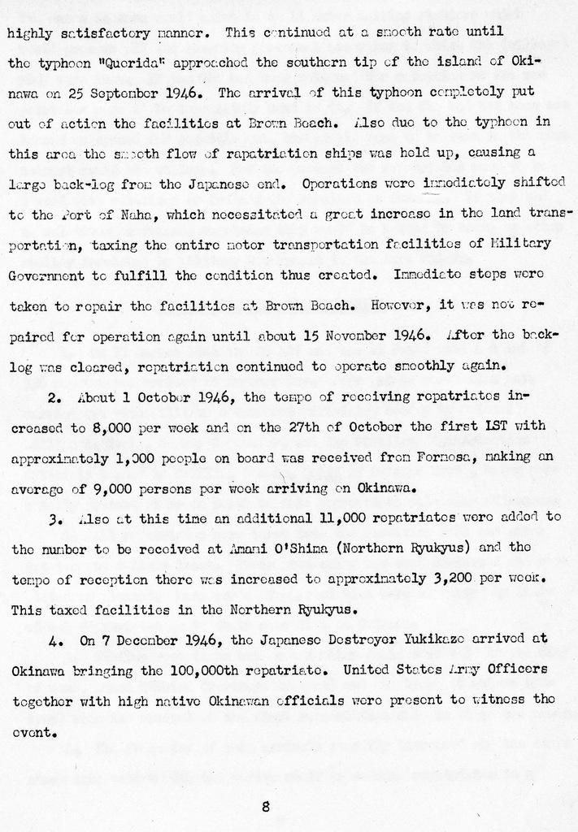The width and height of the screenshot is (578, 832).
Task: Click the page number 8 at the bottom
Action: coord(266,807)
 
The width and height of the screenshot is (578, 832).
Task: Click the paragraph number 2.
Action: coord(54,396)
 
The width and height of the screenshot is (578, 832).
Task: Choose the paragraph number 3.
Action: coord(54,518)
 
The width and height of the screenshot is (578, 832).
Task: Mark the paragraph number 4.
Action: coord(54,640)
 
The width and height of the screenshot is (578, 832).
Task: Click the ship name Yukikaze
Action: coord(432,640)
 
